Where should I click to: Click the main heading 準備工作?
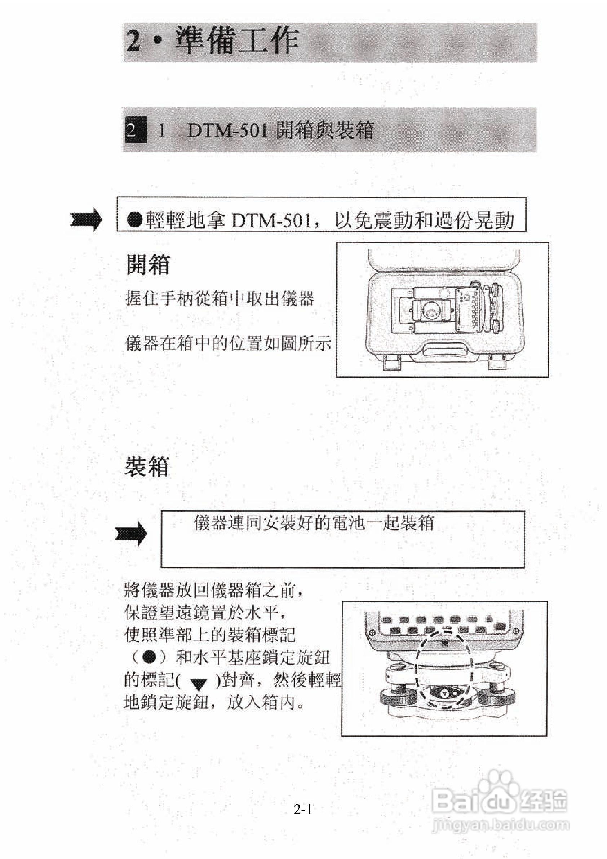(237, 41)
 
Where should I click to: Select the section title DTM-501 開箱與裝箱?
(280, 131)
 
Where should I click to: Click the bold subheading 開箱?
(148, 265)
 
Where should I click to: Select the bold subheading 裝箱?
(147, 466)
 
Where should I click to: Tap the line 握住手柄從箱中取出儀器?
(220, 299)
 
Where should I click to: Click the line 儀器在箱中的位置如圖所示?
(228, 343)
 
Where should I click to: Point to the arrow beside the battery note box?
(131, 533)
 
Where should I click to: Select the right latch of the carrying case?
(499, 362)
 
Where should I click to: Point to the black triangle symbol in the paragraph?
(199, 684)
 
